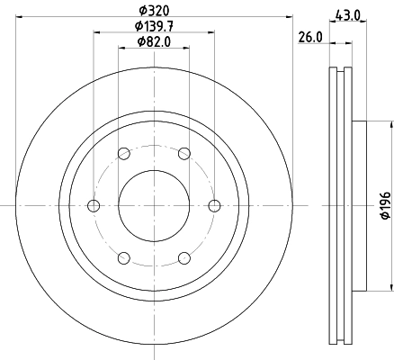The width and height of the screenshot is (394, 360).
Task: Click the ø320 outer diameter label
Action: [x=154, y=11]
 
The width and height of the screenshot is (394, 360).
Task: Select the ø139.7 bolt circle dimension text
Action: [x=154, y=26]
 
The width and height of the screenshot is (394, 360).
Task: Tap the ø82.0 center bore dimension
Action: [x=154, y=41]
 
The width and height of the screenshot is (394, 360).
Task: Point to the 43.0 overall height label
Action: [x=347, y=15]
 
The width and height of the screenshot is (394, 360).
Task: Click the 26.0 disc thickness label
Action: [x=310, y=38]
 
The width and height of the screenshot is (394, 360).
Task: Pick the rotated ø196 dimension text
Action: [x=386, y=205]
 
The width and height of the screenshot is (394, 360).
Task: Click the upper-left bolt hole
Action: [x=124, y=154]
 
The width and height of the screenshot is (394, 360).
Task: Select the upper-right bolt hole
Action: [x=184, y=154]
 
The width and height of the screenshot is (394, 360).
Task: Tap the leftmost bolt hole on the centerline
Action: [x=94, y=206]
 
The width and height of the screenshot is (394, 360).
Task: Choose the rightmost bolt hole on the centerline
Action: [x=214, y=206]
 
